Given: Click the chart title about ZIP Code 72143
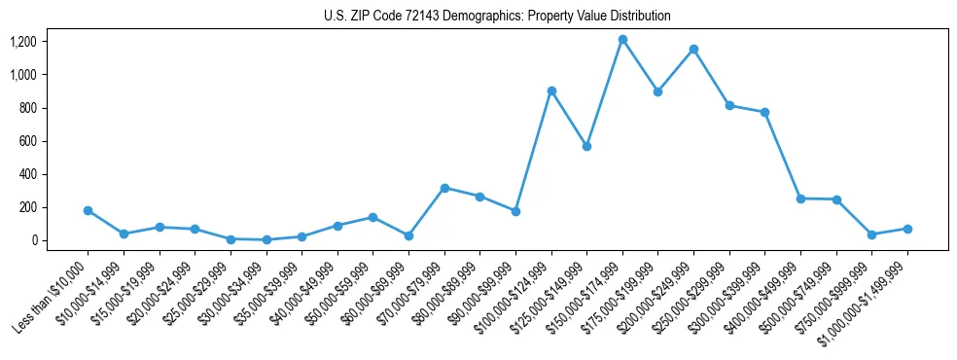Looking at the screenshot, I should point(497,16).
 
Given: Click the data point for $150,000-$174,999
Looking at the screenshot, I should point(622,40).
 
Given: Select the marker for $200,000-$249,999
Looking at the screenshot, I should point(693,50).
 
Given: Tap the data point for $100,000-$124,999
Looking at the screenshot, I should point(551,90).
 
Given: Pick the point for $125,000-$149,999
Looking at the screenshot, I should point(586,146).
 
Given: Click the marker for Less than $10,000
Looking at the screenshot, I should point(88,210).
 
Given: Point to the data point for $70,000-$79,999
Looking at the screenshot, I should point(444,188).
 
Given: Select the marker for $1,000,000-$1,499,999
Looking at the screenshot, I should point(907,229).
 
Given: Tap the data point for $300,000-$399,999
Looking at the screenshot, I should point(765,112).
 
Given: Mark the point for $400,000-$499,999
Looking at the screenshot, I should point(800,198).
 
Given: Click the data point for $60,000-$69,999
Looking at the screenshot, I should point(408,235).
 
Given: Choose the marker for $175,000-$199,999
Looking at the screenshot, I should point(658,91).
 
